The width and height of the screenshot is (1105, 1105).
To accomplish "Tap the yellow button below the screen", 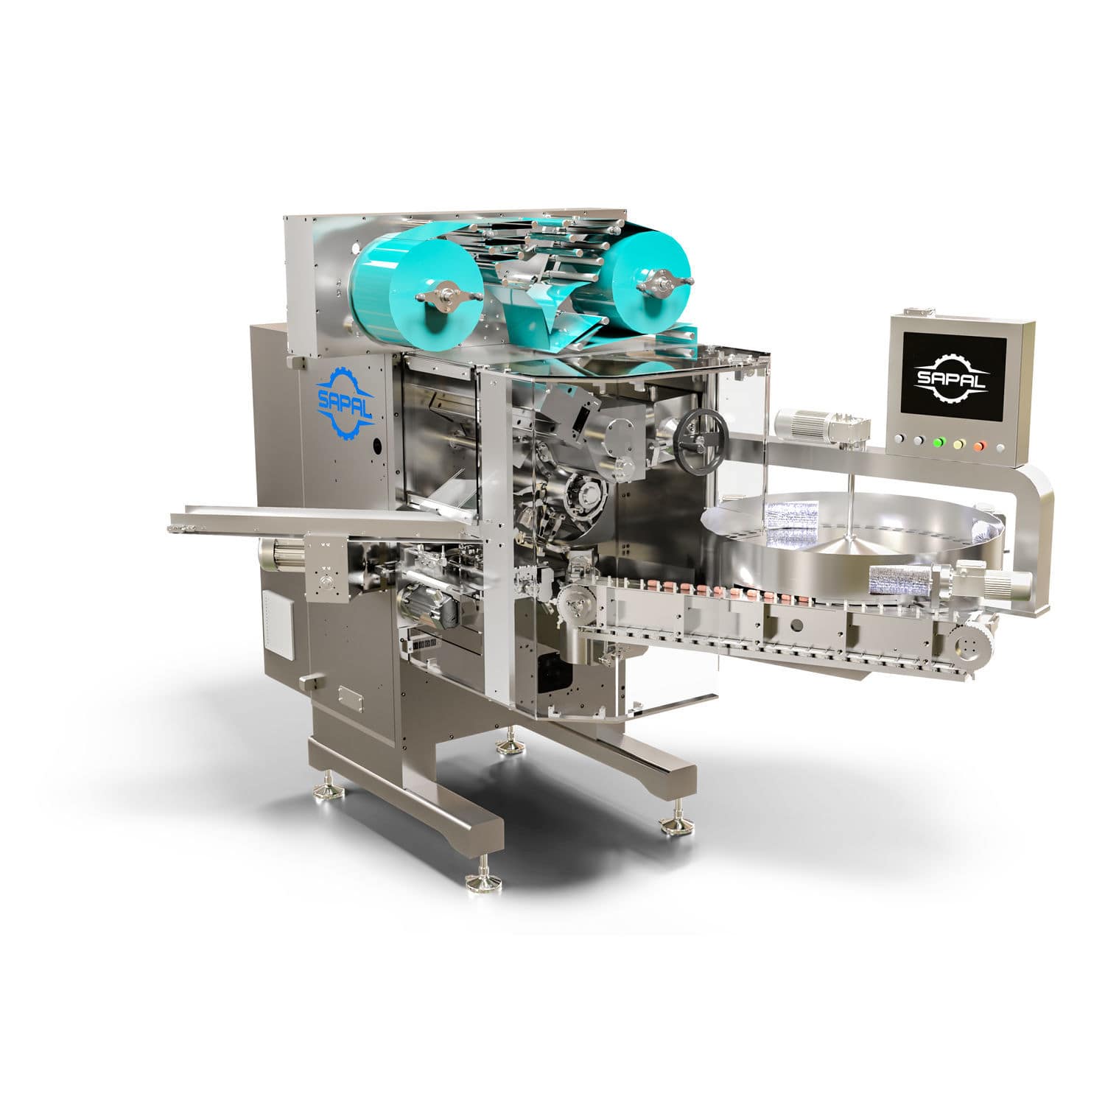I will [x=958, y=444].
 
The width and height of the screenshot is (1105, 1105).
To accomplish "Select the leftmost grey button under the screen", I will [x=899, y=440].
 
